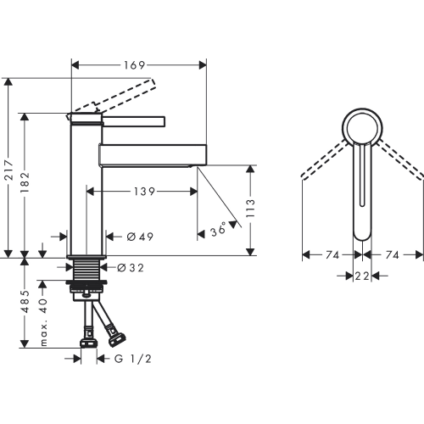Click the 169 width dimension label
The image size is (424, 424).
tap(134, 65)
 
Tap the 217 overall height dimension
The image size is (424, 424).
tap(9, 170)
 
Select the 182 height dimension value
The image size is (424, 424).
tap(25, 182)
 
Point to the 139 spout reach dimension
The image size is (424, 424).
tap(144, 192)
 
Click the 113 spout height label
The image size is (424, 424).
tap(250, 208)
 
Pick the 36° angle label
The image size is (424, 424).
tap(219, 229)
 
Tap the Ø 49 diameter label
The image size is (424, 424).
tap(140, 237)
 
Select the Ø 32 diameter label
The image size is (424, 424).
tap(131, 268)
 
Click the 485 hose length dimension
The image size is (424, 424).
tap(25, 301)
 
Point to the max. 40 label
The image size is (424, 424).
tap(44, 322)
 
